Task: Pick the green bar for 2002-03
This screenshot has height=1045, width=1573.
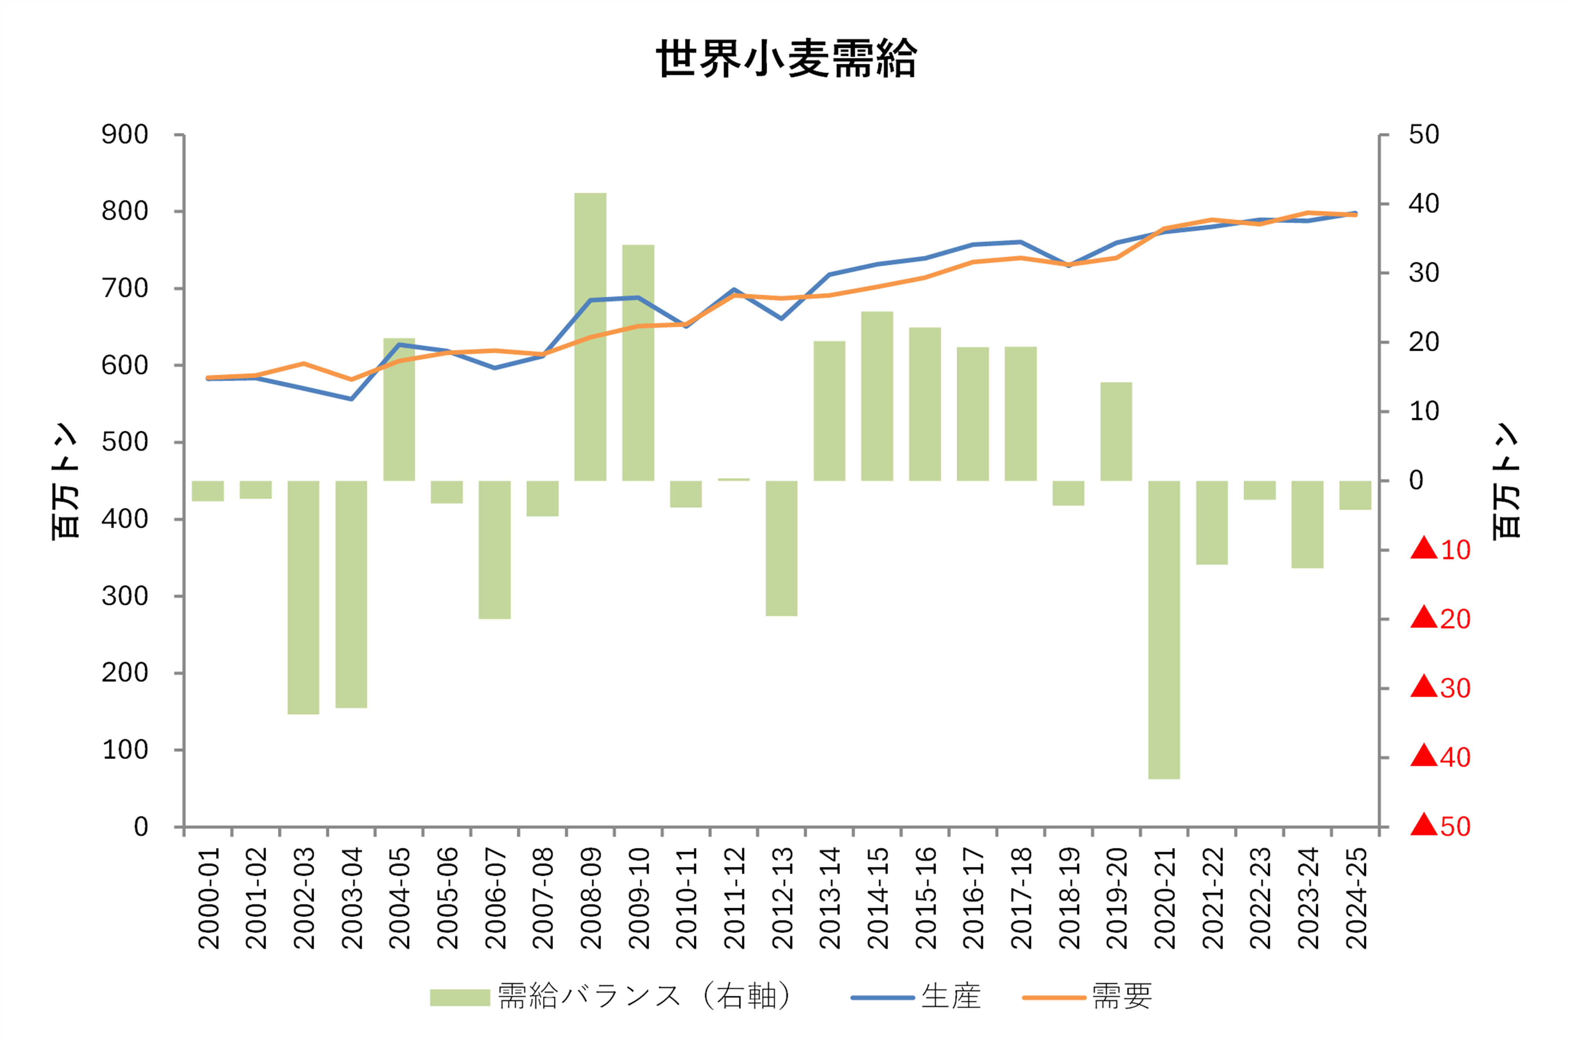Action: pos(303,597)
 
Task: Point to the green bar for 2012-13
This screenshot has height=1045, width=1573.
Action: pos(781,548)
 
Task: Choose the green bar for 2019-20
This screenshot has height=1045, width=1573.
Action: pos(1116,431)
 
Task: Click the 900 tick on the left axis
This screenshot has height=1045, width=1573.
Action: pos(125,134)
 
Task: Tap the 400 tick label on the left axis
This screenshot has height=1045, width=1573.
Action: pos(125,519)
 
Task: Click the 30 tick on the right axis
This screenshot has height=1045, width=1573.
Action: pos(1424,273)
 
